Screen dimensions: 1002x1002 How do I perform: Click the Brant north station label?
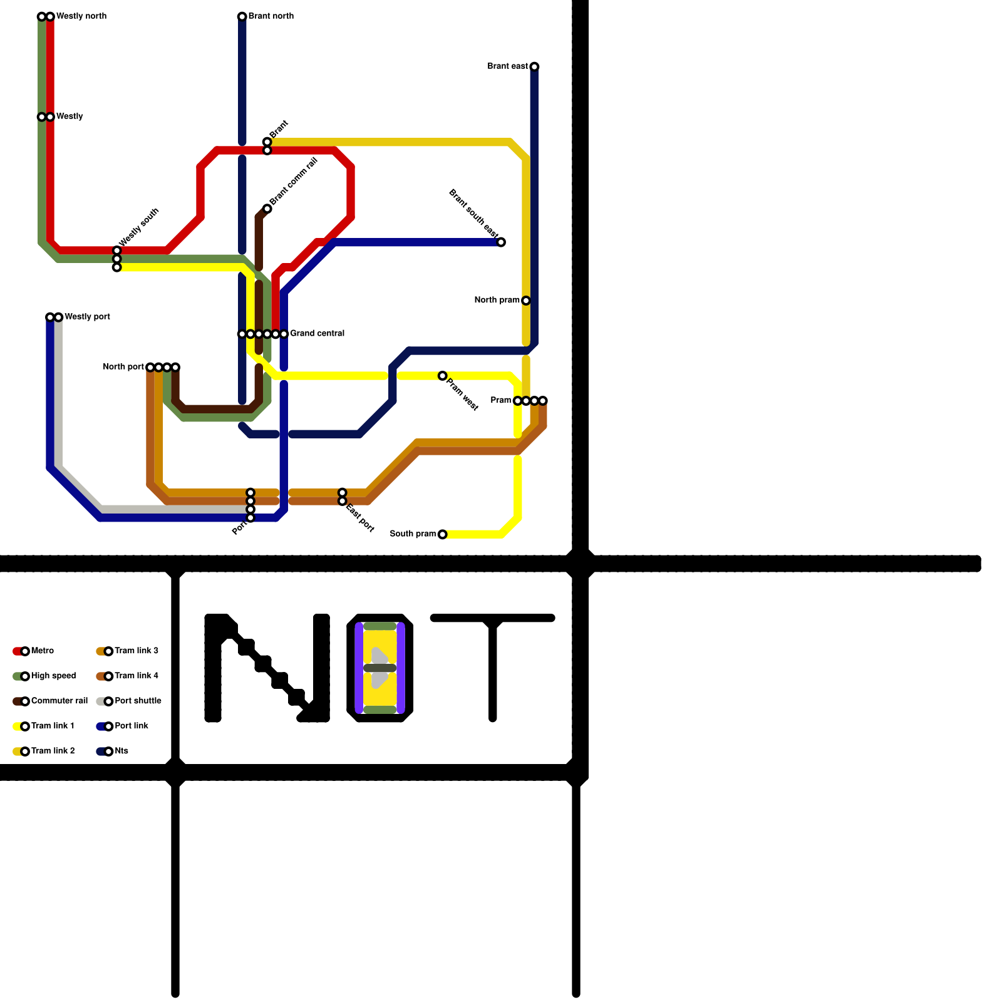(271, 16)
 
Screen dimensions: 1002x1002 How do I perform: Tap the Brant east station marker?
(534, 66)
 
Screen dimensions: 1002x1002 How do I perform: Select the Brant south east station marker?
(501, 242)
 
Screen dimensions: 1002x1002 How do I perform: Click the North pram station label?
(497, 300)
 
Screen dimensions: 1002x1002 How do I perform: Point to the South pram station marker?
(442, 534)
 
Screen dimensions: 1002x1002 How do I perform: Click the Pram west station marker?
(442, 376)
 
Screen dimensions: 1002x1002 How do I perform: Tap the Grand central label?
(317, 333)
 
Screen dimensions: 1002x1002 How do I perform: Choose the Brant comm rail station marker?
(267, 208)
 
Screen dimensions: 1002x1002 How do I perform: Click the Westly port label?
(87, 316)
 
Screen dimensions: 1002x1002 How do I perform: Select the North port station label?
(123, 366)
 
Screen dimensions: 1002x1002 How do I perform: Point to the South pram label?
(413, 534)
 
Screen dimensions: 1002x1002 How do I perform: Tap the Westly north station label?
(81, 16)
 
